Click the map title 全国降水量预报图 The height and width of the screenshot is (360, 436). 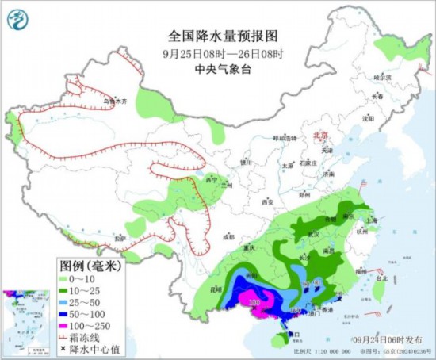coord(224,36)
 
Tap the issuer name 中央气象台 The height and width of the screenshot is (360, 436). coord(224,68)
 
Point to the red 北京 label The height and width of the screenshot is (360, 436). coord(320,136)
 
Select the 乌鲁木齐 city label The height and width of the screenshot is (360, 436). coord(116,101)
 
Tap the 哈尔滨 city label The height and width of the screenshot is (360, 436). coord(383,77)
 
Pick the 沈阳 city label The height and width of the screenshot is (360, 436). coord(366,118)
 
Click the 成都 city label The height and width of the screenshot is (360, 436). coord(229,236)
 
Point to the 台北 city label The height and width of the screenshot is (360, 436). coord(381,278)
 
